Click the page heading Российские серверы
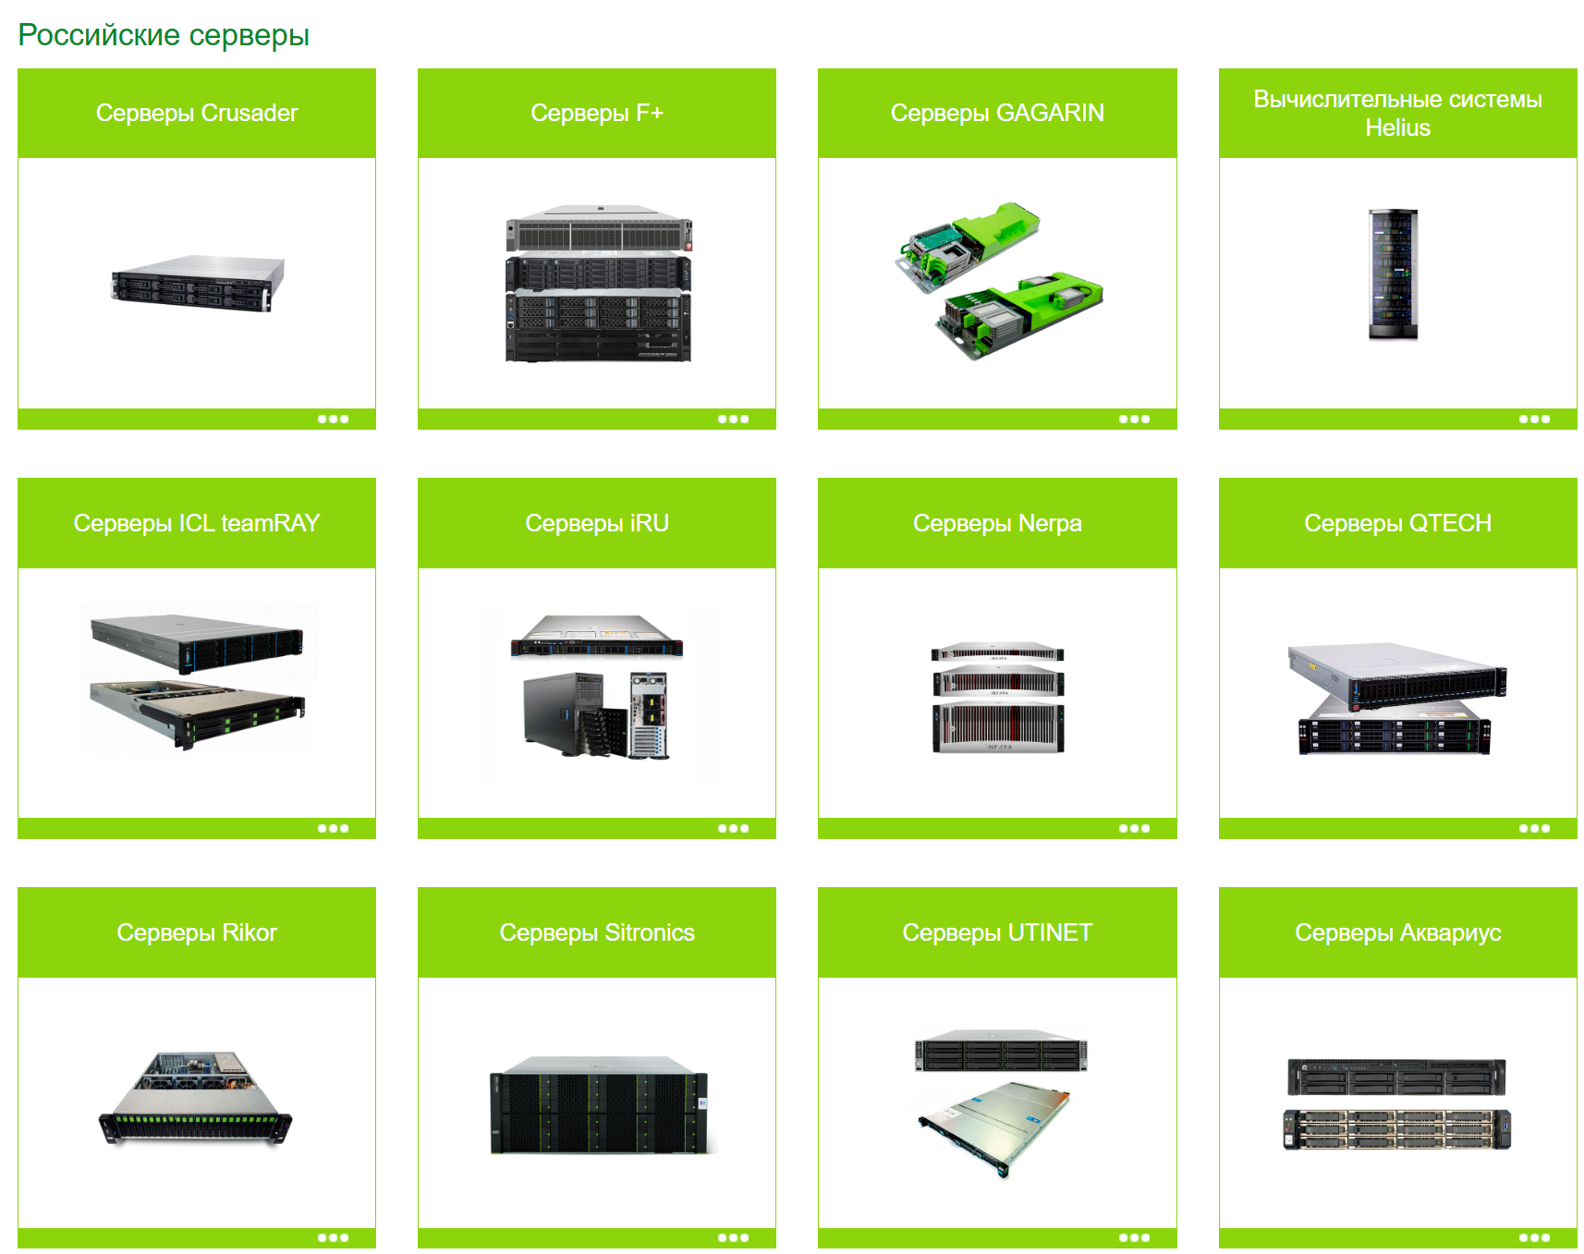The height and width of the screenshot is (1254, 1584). click(164, 35)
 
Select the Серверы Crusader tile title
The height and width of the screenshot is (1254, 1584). click(197, 113)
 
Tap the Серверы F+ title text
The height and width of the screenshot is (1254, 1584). click(597, 113)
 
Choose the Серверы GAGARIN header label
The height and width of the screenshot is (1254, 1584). click(997, 113)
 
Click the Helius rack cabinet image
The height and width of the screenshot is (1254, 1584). click(1393, 274)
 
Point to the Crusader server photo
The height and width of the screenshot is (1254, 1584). click(197, 283)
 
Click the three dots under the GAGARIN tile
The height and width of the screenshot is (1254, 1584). click(1134, 420)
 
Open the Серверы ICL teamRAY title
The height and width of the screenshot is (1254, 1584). click(197, 523)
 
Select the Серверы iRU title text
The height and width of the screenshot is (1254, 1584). click(597, 523)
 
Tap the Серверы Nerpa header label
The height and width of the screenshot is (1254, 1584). click(997, 523)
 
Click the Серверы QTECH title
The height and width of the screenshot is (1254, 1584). click(1397, 523)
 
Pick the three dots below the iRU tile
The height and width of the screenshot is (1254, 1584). click(733, 829)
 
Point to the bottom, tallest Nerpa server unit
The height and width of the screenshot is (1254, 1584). click(998, 728)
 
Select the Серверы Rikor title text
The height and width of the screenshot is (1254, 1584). click(197, 932)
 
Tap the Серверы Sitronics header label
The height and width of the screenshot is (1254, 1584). click(597, 932)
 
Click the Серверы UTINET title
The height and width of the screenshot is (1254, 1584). click(997, 932)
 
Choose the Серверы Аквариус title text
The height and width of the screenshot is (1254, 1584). click(1397, 932)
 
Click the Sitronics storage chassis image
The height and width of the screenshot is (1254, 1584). click(599, 1106)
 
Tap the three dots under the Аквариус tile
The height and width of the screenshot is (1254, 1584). click(1534, 1238)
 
